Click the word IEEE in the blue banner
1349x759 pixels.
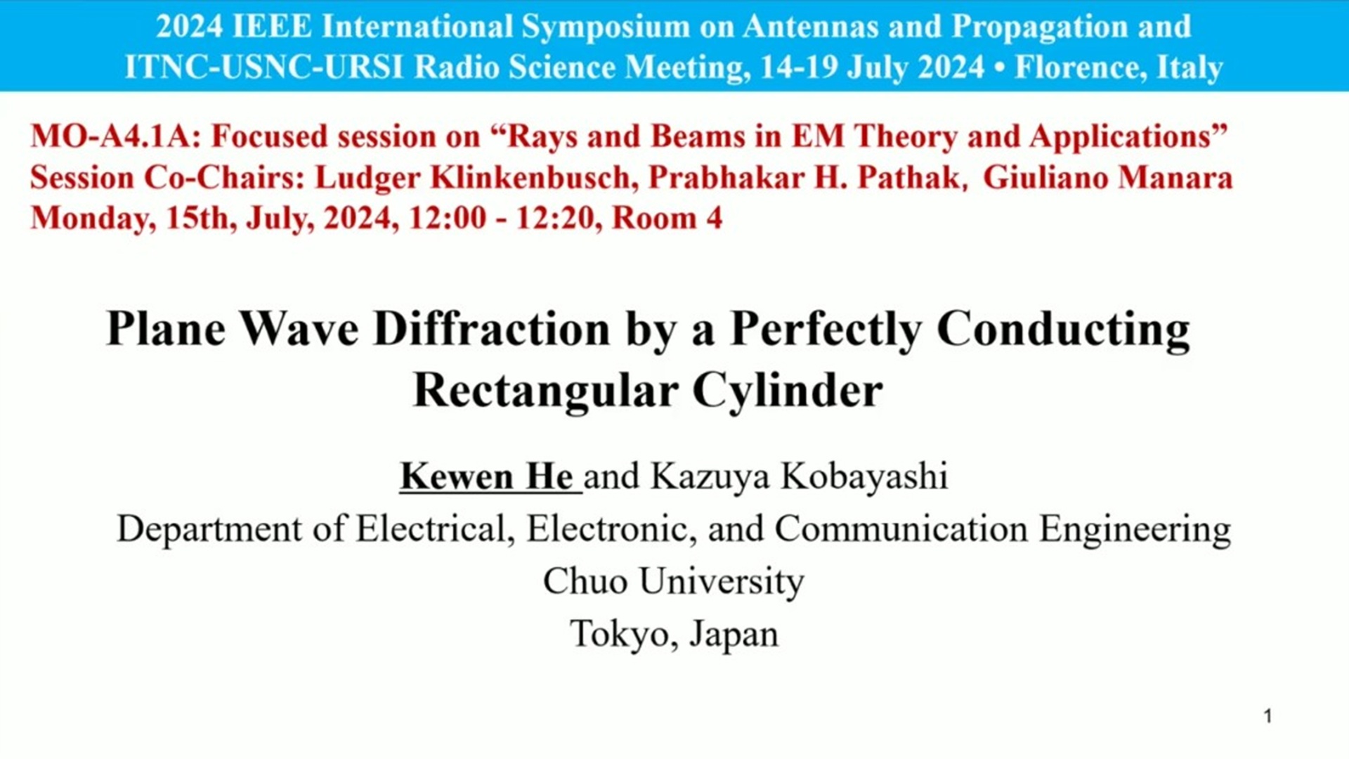point(271,27)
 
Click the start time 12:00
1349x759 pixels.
point(448,218)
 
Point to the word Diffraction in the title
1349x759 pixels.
point(492,328)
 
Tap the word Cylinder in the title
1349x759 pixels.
point(788,391)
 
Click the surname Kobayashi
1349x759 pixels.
point(864,476)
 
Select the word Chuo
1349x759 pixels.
point(585,581)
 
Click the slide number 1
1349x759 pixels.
point(1268,716)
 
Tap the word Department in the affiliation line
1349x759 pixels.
point(209,529)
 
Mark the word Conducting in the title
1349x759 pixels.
point(1063,330)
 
